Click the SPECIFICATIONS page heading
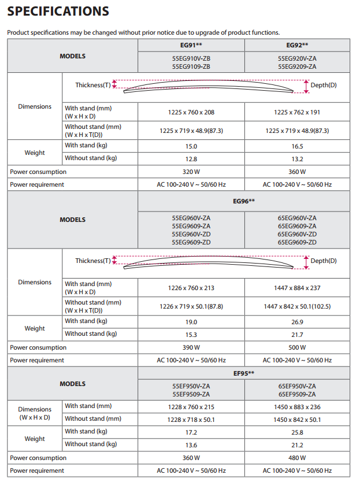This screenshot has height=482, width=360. click(x=58, y=11)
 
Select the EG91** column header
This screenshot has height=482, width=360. click(x=191, y=45)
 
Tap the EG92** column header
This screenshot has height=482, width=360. click(x=297, y=45)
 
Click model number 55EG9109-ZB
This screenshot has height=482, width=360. click(x=191, y=66)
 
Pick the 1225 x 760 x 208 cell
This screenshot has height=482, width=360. click(x=191, y=112)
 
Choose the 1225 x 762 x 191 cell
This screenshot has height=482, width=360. click(x=297, y=112)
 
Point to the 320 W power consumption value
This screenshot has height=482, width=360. click(x=191, y=172)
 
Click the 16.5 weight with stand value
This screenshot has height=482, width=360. click(x=297, y=147)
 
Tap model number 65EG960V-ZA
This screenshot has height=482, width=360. click(x=297, y=218)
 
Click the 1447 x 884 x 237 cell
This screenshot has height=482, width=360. click(x=297, y=288)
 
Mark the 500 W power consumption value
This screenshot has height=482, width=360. click(x=297, y=347)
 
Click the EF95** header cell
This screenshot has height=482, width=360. click(x=244, y=374)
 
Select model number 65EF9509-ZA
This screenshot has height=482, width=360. click(x=297, y=394)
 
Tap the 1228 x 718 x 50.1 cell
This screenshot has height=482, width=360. click(x=191, y=420)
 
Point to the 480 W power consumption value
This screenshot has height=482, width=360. click(x=297, y=458)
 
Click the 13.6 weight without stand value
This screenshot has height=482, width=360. click(x=191, y=445)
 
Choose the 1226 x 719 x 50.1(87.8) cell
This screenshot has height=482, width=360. click(x=191, y=306)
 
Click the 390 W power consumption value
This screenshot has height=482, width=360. click(x=191, y=347)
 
